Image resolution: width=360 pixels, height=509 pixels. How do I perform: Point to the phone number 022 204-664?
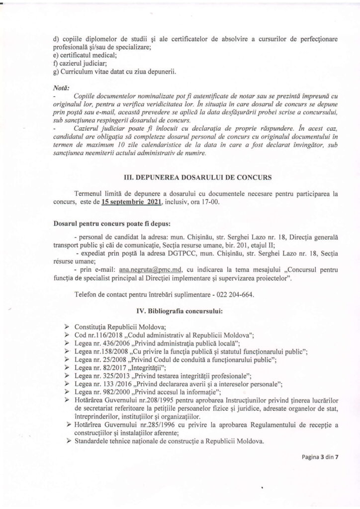click(234, 294)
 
